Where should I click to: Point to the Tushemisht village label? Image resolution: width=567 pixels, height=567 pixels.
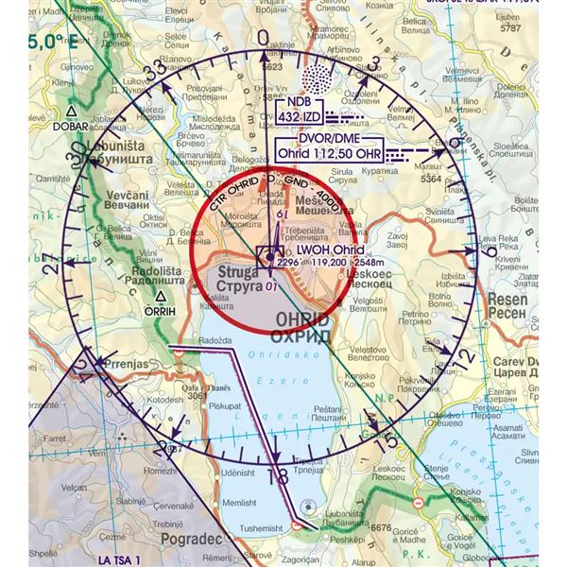coord(260,527)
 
